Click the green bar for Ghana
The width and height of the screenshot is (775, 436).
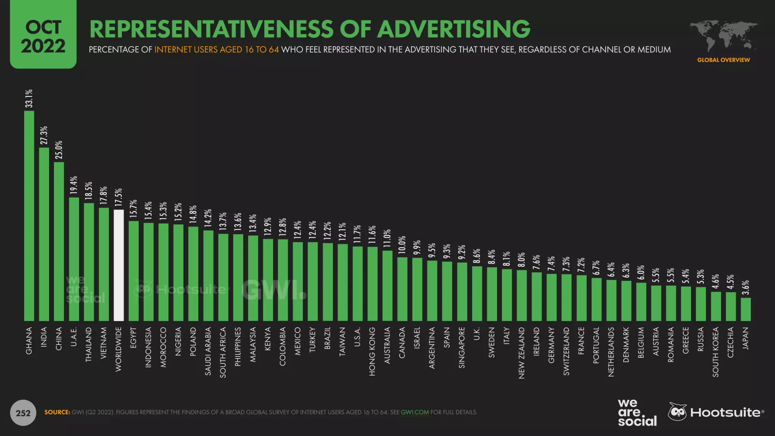pos(29,216)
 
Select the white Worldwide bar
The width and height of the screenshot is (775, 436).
pos(119,265)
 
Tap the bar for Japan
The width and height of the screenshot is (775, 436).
pos(746,309)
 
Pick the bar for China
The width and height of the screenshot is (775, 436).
pos(59,241)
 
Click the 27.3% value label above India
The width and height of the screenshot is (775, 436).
pos(44,135)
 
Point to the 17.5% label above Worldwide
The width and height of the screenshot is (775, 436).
pos(119,197)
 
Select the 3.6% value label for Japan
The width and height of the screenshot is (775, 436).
pos(746,287)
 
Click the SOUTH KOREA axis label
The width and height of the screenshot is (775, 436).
pos(716,352)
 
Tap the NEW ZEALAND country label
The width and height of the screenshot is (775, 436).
pos(522,353)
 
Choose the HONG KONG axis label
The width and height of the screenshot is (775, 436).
pos(372,351)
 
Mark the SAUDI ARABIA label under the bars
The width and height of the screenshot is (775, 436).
pos(208,351)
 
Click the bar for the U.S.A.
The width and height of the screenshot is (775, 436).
pos(358,283)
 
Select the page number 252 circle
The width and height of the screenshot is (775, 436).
pos(23,413)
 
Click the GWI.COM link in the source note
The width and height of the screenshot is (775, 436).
pos(415,412)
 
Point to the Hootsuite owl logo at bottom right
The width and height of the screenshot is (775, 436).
pos(677,412)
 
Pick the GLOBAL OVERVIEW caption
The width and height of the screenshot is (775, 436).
pos(723,60)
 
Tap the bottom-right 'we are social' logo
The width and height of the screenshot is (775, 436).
pos(637,413)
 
